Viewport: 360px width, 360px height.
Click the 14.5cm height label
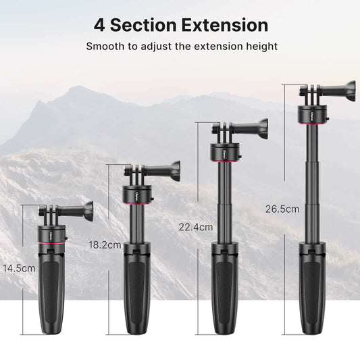coord(18,268)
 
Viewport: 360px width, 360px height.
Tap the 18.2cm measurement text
coord(105,244)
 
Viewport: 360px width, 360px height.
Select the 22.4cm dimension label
coord(195,226)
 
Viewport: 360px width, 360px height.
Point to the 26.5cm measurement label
coord(282,209)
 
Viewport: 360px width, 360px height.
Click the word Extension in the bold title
coord(219,26)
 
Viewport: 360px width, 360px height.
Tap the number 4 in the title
coord(100,26)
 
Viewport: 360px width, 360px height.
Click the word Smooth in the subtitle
coord(105,47)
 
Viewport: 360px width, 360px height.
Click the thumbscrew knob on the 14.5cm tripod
coord(88,209)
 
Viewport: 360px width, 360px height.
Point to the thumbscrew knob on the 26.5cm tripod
coord(347,88)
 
